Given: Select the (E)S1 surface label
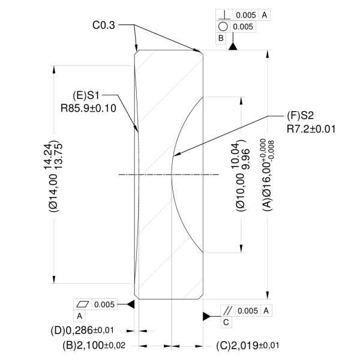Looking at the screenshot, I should (86, 95).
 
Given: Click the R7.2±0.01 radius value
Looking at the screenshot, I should (310, 128).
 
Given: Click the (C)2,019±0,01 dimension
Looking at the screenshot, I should (247, 346).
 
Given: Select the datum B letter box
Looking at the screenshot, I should (222, 37).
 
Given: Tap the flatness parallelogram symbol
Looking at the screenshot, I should (82, 304).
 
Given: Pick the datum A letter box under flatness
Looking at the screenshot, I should (80, 315).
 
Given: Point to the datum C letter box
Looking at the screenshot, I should (226, 322).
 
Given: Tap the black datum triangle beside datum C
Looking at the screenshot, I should (207, 316).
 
